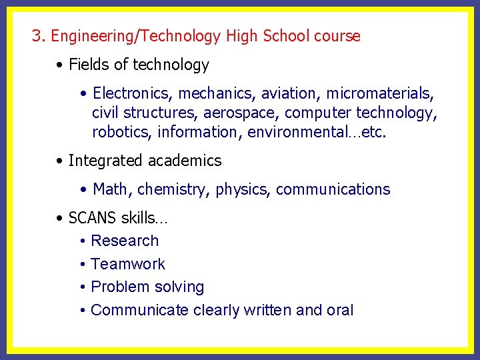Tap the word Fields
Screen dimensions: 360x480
point(87,65)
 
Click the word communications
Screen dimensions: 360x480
point(333,189)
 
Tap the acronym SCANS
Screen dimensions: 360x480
point(92,218)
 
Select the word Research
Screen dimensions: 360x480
point(125,241)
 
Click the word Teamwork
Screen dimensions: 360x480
point(128,264)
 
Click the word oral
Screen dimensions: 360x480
point(340,310)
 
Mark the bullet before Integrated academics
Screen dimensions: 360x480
point(60,161)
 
